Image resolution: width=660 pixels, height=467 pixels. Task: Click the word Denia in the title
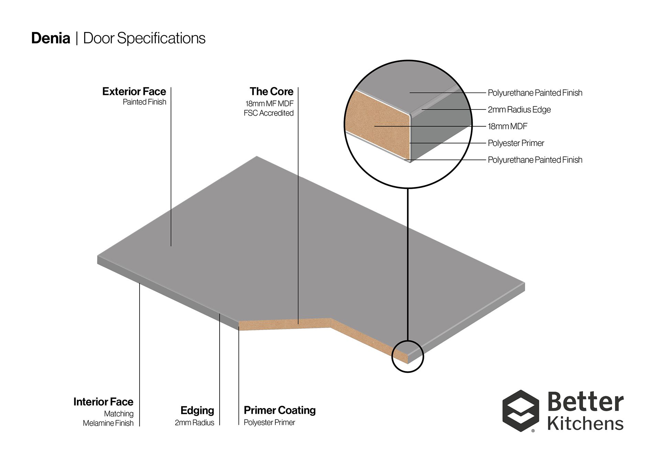(51, 38)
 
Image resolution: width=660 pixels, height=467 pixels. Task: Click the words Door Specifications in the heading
(144, 38)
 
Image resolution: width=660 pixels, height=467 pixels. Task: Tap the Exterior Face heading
(134, 92)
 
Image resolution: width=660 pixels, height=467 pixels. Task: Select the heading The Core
(272, 92)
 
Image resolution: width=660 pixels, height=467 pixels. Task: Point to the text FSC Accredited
(269, 113)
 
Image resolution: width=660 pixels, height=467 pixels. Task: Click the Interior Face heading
(103, 402)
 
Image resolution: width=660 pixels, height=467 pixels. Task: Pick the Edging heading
(197, 410)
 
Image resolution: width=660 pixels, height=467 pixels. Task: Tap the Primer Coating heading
(280, 410)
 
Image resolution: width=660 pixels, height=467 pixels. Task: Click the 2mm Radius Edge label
(519, 110)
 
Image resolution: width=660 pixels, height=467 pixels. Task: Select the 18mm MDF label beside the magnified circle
(508, 126)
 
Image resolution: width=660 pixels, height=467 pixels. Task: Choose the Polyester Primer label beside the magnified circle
(516, 143)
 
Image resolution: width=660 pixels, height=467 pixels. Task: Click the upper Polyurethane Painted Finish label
(535, 93)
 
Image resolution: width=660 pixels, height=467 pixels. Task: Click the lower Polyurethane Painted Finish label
(535, 160)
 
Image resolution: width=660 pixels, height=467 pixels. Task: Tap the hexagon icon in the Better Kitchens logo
(520, 411)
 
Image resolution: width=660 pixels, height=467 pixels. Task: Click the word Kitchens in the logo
(585, 424)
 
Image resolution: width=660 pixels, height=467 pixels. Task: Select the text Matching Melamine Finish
(108, 418)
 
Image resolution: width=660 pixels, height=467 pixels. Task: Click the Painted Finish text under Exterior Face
(145, 102)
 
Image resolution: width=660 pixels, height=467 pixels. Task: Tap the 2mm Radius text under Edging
(195, 423)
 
